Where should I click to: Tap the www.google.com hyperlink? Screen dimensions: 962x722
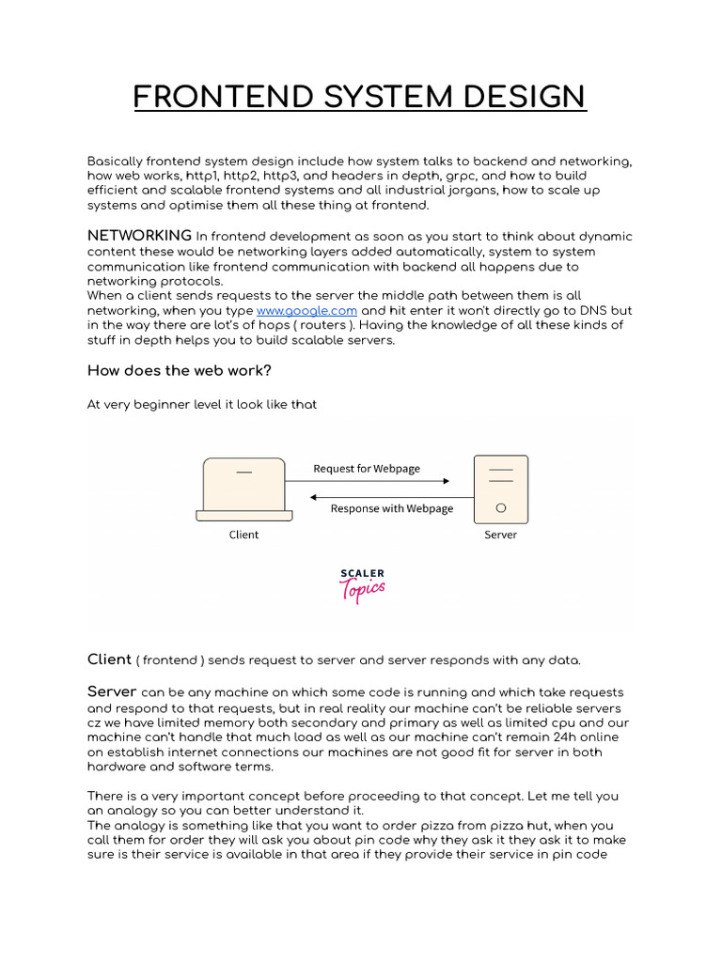point(306,310)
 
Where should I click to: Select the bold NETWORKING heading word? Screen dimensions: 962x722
point(139,235)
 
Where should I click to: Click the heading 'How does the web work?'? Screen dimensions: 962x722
point(179,370)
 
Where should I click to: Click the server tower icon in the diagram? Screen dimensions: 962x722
point(500,489)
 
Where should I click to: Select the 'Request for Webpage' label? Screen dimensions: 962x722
point(367,468)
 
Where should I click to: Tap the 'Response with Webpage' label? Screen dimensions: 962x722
point(391,508)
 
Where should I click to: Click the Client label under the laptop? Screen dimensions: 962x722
point(243,535)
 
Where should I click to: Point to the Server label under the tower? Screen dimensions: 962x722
point(500,535)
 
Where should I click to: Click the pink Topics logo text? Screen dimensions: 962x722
point(362,590)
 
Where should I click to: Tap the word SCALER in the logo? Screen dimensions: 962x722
point(362,573)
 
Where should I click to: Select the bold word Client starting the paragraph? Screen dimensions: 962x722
point(109,659)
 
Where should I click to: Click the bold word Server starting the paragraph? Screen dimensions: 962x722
point(112,691)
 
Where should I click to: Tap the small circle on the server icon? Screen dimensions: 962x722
point(500,507)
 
